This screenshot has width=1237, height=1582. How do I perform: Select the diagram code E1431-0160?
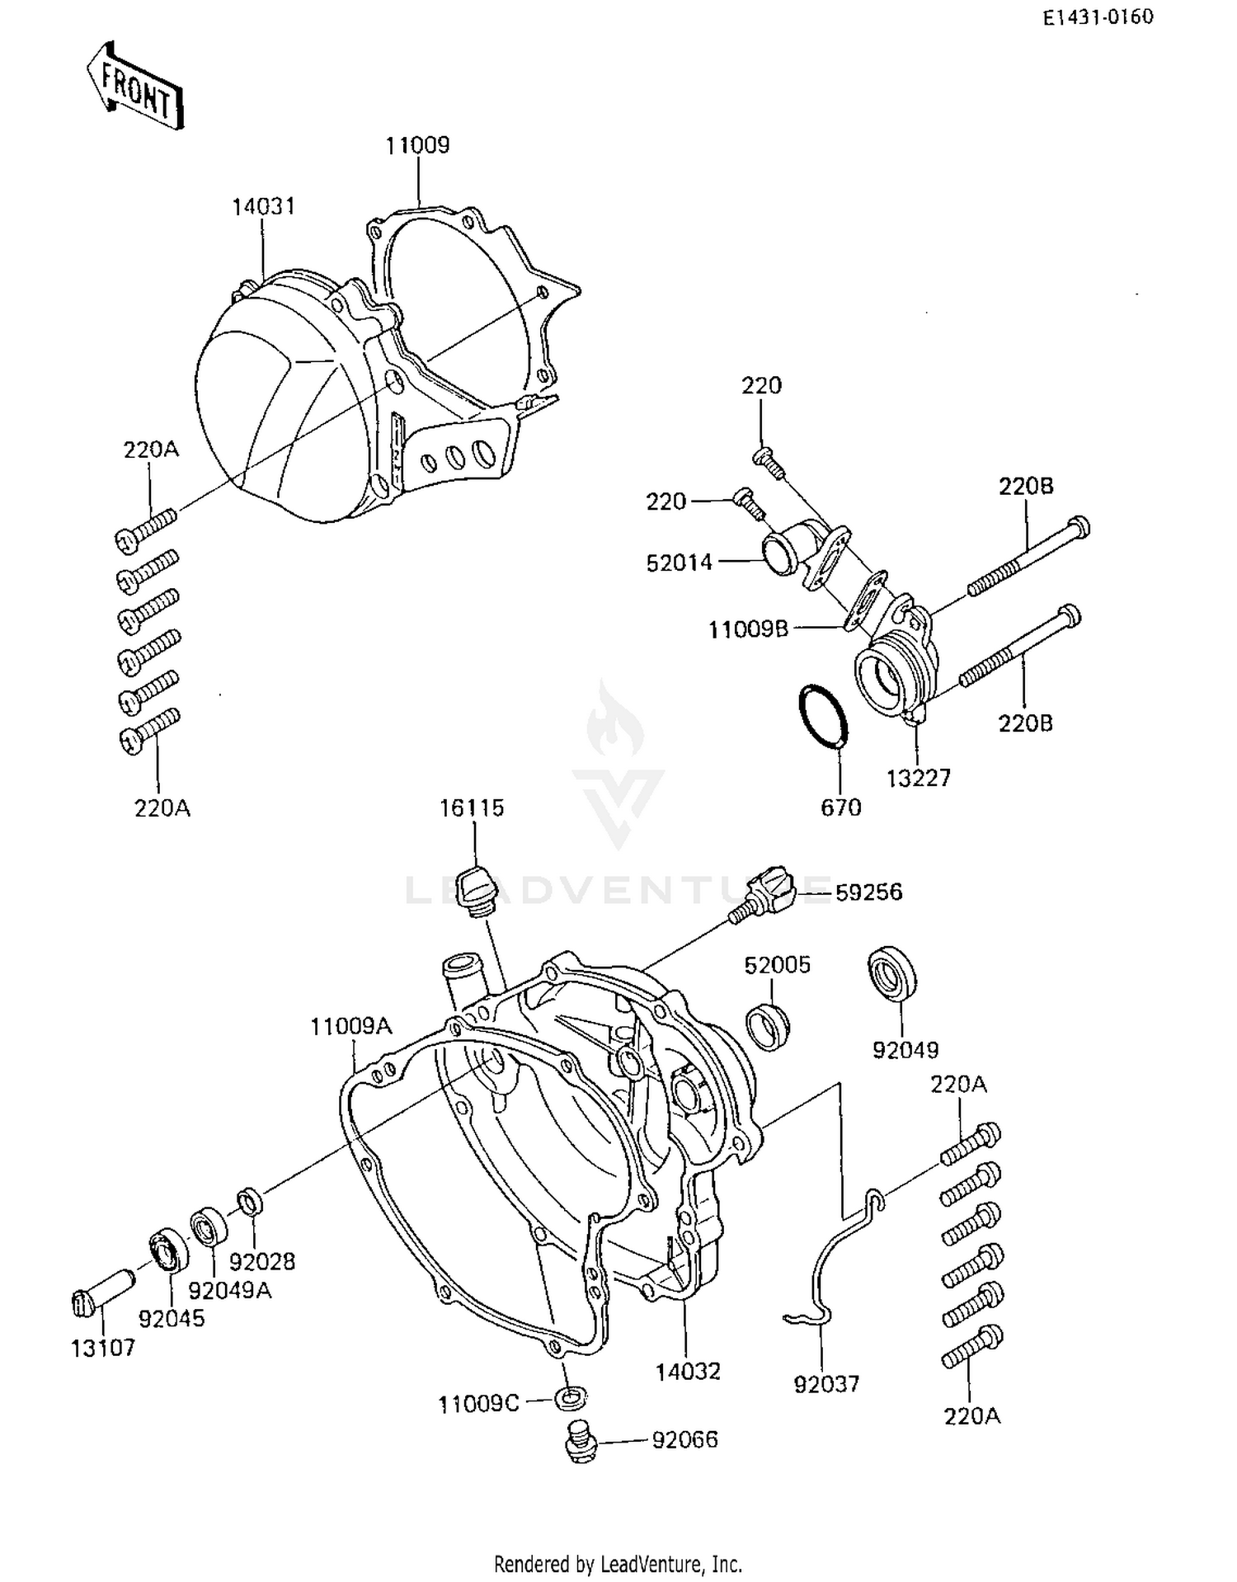coord(1098,17)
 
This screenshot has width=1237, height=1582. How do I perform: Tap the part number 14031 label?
coord(263,206)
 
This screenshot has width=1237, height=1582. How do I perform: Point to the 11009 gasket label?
coord(418,146)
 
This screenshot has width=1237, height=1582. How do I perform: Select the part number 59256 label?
coord(868,892)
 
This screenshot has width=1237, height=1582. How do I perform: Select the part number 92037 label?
coord(826,1383)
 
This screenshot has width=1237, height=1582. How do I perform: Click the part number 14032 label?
coord(688,1371)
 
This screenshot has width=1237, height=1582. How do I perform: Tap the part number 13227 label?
coord(919,778)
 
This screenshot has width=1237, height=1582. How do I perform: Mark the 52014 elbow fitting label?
coord(679,563)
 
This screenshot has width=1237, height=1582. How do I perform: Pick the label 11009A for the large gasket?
coord(351,1027)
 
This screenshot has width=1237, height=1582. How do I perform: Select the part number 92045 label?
coord(172,1318)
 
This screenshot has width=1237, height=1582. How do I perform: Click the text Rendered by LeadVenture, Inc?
coord(618,1564)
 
